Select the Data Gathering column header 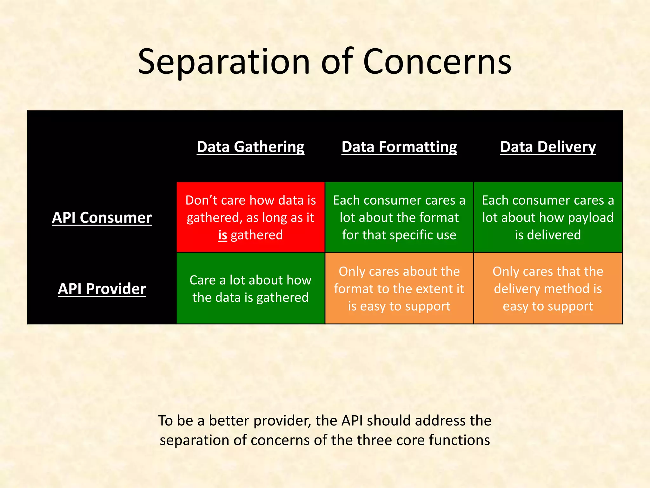(x=250, y=147)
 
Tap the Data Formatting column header (x=399, y=147)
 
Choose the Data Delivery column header (x=548, y=147)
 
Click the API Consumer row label (x=102, y=218)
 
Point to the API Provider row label (x=102, y=289)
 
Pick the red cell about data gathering (x=250, y=217)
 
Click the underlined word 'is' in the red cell (x=222, y=235)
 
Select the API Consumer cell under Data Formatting (x=399, y=217)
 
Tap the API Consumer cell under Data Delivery (x=548, y=217)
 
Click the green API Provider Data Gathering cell (x=250, y=288)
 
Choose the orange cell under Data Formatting (x=399, y=288)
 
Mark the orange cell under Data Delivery (x=548, y=288)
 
